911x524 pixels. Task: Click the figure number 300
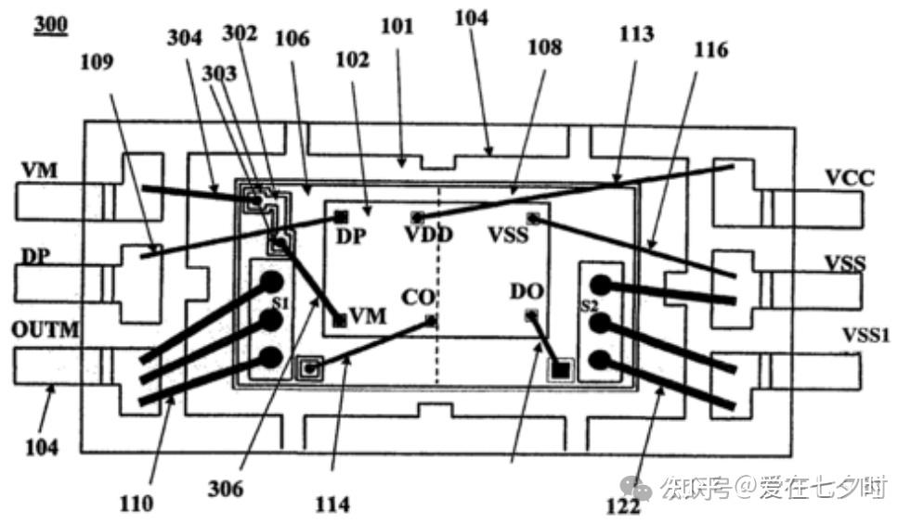(50, 25)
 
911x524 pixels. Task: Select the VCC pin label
(849, 178)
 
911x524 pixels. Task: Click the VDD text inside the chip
(428, 235)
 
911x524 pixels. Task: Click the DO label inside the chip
(526, 291)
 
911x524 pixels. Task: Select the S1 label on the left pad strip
(280, 302)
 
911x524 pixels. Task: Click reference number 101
(397, 25)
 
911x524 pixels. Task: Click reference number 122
(623, 505)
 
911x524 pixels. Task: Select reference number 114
(332, 504)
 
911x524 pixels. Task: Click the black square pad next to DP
(341, 216)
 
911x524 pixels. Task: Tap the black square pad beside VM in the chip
(340, 320)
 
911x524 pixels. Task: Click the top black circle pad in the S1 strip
(271, 282)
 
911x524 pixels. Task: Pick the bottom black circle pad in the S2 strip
(601, 360)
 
